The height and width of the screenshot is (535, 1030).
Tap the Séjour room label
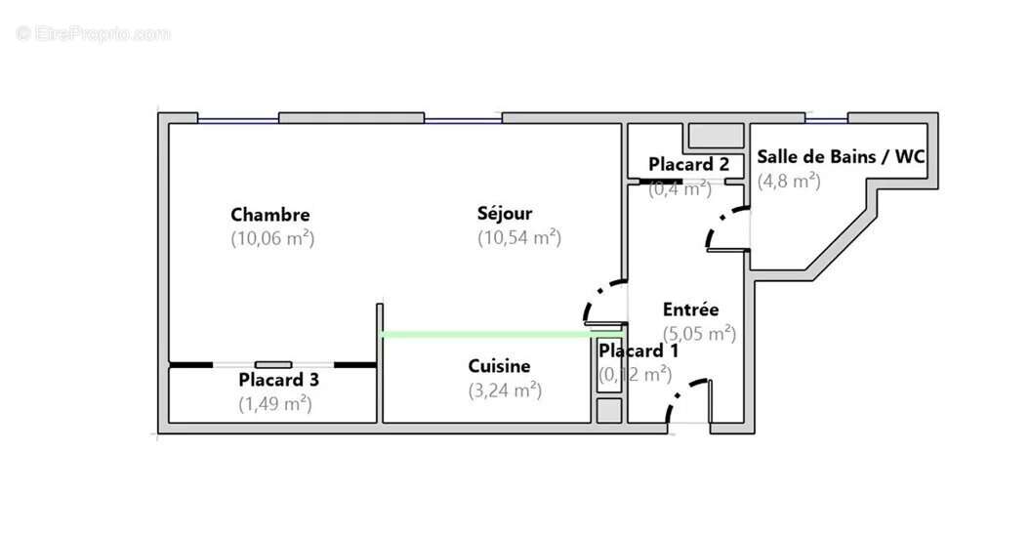505,213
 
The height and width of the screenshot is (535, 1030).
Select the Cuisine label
499,366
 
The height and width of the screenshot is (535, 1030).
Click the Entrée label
690,309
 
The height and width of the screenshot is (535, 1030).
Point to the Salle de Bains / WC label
841,157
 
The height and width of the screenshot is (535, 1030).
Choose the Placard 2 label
688,164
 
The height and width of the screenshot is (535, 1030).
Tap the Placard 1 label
638,350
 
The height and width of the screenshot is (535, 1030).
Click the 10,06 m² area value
272,237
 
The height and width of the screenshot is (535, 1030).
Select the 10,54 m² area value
518,237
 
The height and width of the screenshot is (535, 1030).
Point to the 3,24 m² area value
505,391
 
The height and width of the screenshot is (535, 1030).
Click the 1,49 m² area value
275,402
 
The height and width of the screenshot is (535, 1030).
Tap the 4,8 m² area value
789,181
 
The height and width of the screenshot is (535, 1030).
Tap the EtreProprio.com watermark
93,34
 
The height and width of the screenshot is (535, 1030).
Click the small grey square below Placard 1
608,410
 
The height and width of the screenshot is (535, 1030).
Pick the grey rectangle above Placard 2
716,135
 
